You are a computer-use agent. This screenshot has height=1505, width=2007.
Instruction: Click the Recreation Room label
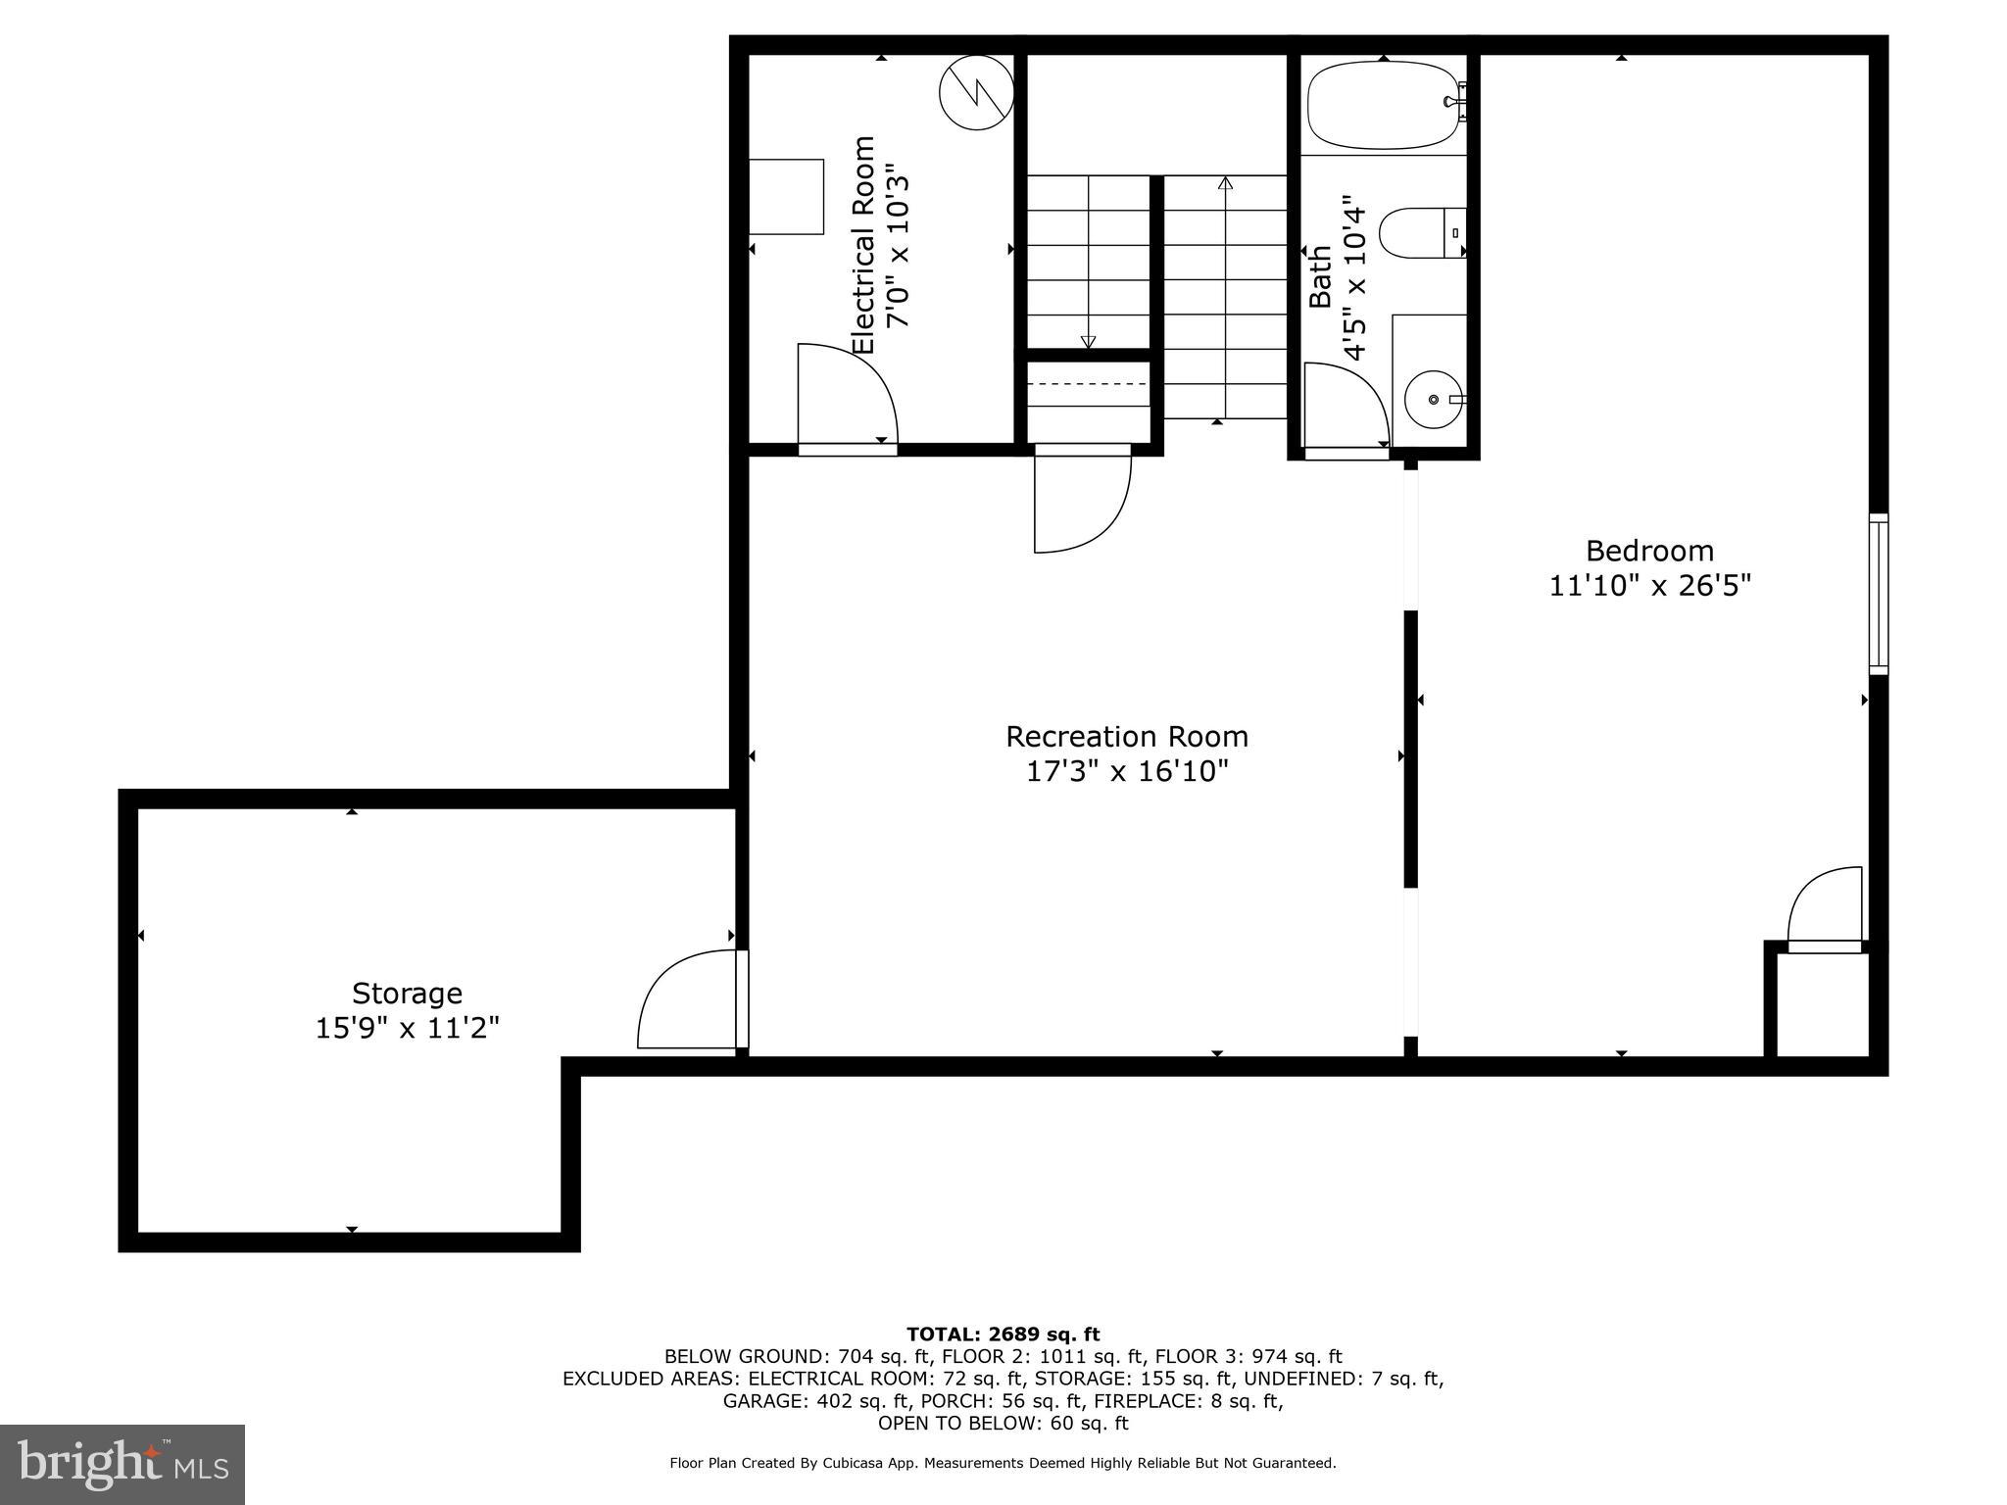(1126, 737)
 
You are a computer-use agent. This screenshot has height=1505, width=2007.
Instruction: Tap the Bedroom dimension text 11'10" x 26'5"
(1649, 586)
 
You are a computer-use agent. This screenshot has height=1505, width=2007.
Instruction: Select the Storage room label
(407, 994)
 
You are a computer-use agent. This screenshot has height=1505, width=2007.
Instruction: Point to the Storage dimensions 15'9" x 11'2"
(407, 1029)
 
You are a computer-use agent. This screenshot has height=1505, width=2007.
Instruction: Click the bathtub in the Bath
(1383, 105)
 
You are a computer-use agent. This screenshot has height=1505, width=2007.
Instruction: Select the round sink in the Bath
(1433, 400)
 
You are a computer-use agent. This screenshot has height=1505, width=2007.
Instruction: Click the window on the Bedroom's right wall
(1878, 594)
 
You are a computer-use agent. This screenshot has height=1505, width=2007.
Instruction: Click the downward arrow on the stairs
(1088, 341)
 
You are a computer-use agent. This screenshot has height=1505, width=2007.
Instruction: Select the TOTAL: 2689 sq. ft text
(1003, 1334)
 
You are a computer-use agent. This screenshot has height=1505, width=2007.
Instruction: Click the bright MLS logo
(122, 1464)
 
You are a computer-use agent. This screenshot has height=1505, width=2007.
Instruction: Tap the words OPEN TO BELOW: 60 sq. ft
(1003, 1423)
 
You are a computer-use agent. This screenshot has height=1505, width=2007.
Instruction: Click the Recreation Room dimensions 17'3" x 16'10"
(1126, 772)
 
